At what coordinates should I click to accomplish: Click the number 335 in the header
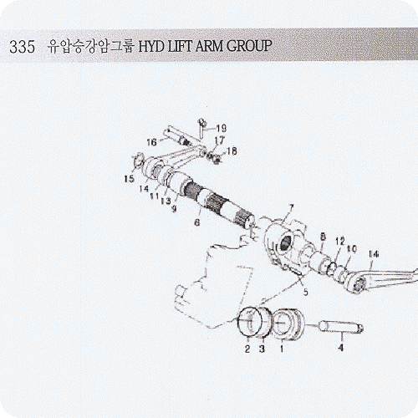tap(23, 47)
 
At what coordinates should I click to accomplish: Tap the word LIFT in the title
tap(181, 46)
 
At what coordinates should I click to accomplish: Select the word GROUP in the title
tap(249, 46)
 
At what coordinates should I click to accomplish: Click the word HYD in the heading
tap(151, 46)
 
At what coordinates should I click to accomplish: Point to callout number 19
tap(222, 128)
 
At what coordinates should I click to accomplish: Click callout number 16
tap(152, 142)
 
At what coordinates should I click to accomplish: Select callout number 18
tap(232, 151)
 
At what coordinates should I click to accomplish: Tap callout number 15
tap(130, 179)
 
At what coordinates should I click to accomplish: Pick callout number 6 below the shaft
tap(197, 222)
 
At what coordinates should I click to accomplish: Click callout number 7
tap(291, 208)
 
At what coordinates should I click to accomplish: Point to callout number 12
tap(340, 241)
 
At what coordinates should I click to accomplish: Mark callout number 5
tap(306, 292)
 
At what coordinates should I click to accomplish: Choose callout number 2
tap(247, 349)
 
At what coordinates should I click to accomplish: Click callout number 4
tap(340, 347)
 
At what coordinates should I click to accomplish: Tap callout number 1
tap(282, 349)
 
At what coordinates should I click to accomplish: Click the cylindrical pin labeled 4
tap(342, 327)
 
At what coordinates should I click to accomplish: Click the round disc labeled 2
tap(250, 321)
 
